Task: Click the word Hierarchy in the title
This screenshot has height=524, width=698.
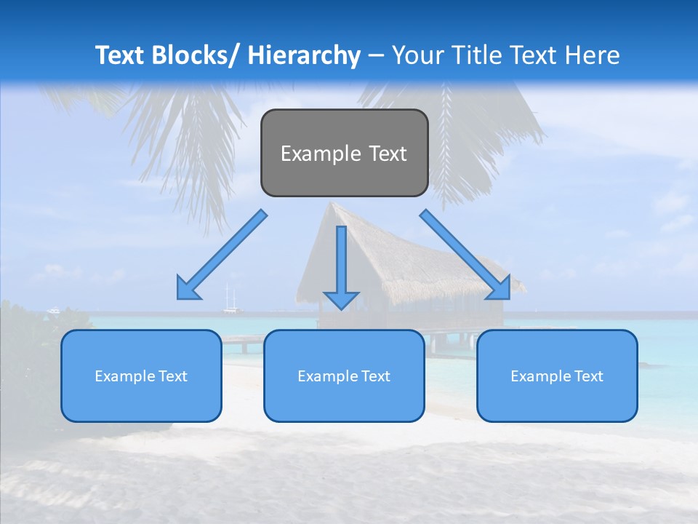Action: pos(304,55)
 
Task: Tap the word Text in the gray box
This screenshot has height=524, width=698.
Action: pos(386,154)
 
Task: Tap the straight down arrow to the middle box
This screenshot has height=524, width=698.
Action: pos(341,262)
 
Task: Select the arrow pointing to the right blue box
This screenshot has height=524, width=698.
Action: pos(465,255)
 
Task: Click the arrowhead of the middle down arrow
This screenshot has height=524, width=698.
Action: pos(341,299)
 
